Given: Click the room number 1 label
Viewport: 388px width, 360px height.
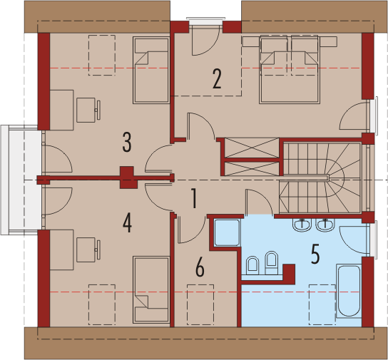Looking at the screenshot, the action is point(195,198).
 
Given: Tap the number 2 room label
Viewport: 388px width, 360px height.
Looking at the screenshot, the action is point(217,79).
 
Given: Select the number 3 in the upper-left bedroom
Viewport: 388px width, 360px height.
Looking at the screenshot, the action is point(127,142).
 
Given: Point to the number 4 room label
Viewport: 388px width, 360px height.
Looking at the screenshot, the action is point(127,223).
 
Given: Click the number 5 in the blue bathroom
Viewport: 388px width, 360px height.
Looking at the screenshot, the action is point(315,254).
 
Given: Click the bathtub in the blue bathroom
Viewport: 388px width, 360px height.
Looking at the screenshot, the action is point(349,291).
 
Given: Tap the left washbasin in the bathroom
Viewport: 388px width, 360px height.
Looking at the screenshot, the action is point(302,225).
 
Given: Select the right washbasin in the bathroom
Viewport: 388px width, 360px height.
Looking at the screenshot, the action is point(325,225).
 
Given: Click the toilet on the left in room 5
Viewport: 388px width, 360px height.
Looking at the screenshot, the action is point(252,266).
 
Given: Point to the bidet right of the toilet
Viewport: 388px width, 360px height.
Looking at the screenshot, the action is point(272,263).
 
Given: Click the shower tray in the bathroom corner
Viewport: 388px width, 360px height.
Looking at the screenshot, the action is point(227,232).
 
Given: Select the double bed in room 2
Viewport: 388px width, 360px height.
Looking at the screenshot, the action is point(290,70).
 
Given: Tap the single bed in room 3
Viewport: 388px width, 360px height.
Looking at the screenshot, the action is point(151,71).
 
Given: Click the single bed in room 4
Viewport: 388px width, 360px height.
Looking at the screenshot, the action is point(151,289).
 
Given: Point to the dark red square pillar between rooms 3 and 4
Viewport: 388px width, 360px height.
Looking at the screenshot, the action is point(128,178).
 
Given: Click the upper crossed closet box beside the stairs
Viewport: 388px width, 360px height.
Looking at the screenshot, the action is point(252,148).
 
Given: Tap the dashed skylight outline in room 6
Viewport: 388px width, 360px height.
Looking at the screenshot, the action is point(200,304).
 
